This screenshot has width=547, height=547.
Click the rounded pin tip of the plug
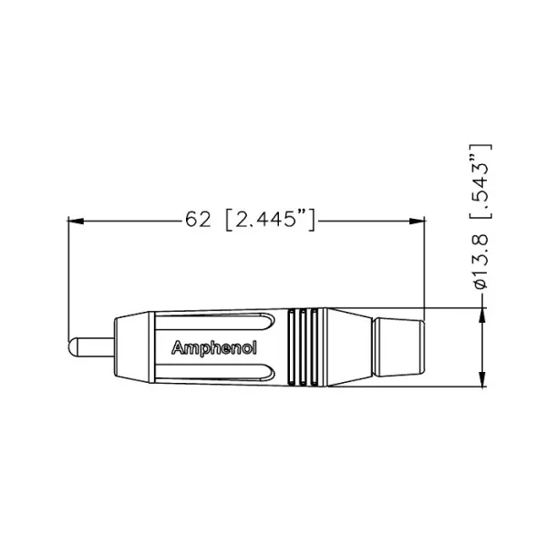75,347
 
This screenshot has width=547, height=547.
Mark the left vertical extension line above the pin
69,273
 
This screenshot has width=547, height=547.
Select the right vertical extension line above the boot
426,264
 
